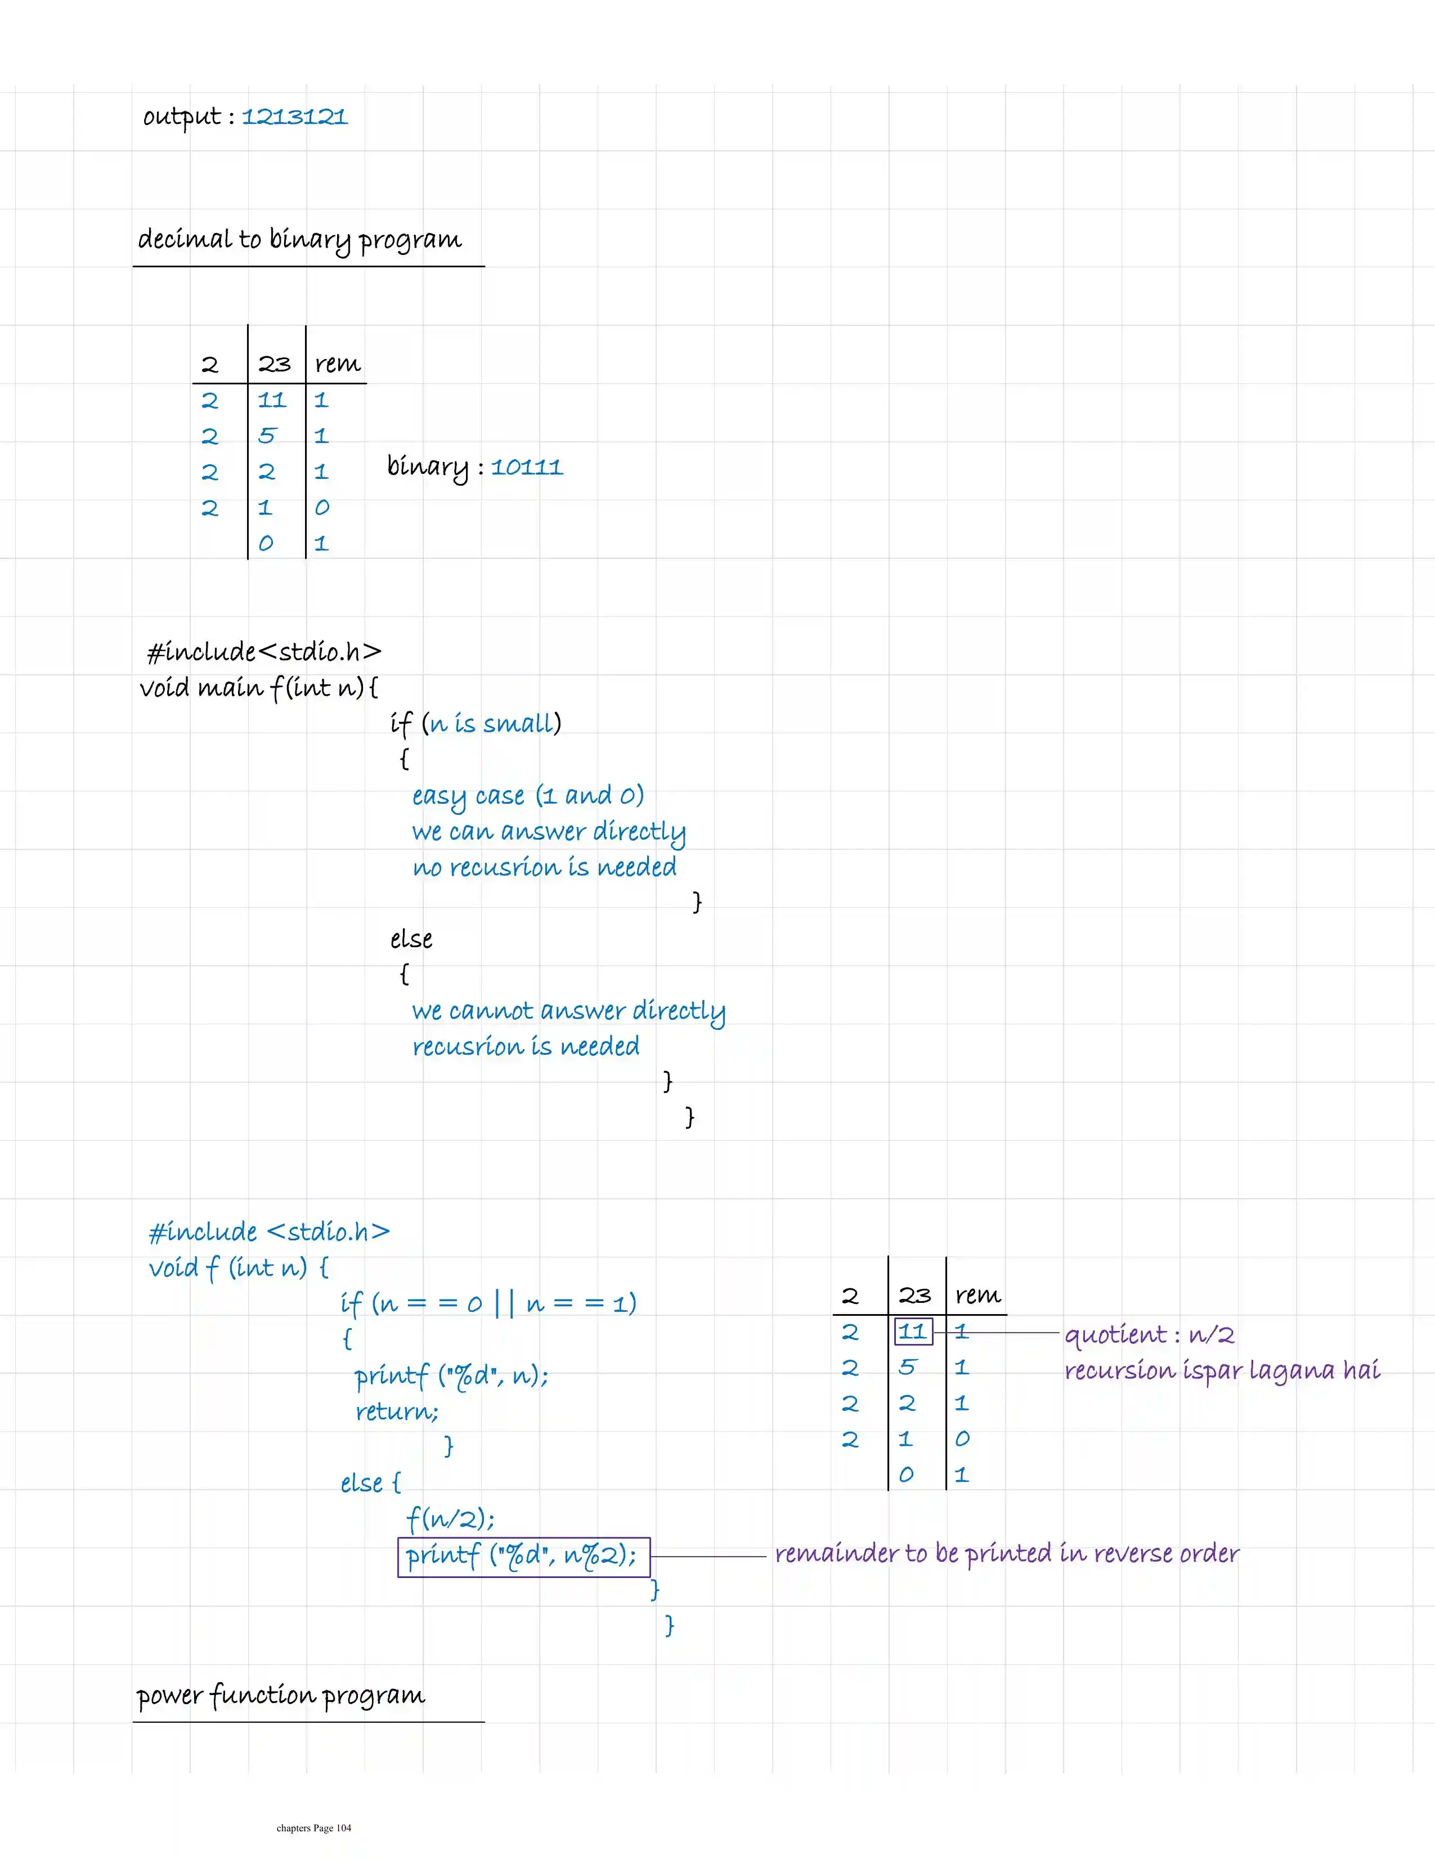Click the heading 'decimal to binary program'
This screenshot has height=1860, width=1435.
(x=300, y=239)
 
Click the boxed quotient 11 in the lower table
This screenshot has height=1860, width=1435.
(x=913, y=1331)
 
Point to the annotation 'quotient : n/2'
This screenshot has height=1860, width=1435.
(x=1149, y=1334)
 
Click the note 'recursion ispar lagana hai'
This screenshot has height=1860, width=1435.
(x=1221, y=1370)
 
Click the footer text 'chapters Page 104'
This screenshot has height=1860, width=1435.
(x=313, y=1827)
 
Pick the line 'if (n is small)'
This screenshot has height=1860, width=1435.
(x=475, y=724)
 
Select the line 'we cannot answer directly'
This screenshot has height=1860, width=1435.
(x=568, y=1011)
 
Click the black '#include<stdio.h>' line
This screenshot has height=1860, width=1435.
(x=264, y=652)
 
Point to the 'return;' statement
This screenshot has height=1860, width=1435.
(x=397, y=1412)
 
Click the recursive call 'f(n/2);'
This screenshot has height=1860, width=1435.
(x=450, y=1518)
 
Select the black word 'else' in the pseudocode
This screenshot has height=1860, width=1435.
(x=411, y=939)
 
